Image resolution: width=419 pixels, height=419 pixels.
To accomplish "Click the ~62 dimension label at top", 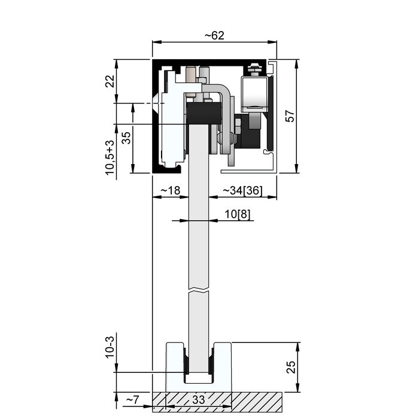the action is point(214,35).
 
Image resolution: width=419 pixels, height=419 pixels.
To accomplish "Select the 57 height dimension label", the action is point(290,116).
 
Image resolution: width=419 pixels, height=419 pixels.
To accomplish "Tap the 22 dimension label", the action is point(110,81).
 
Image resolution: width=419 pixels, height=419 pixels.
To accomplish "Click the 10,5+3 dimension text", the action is point(110,157).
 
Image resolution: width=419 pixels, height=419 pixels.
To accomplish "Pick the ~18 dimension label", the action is point(171,190).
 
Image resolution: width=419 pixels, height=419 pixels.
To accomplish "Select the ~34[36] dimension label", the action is point(242,190).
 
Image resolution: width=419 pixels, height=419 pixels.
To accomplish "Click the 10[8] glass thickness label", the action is point(238,214).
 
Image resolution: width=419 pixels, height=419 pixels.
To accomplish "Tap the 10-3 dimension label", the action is point(110,347).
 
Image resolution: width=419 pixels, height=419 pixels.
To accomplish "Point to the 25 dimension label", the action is point(291,367).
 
